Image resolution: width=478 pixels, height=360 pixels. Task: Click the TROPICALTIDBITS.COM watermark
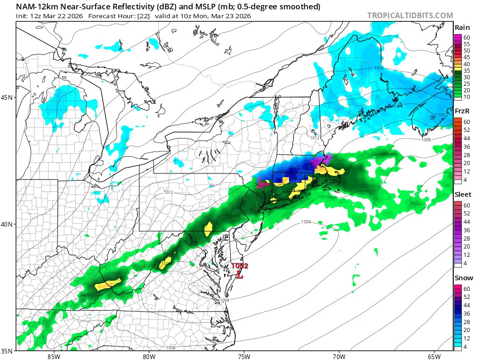(410, 15)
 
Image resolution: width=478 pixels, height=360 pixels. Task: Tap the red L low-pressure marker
(240, 274)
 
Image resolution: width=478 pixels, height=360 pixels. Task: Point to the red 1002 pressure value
(240, 266)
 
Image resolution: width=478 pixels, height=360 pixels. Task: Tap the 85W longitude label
(54, 357)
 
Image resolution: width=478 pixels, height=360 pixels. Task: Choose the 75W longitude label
(244, 357)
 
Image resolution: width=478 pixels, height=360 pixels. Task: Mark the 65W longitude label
(434, 357)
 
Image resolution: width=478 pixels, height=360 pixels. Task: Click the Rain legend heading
(462, 28)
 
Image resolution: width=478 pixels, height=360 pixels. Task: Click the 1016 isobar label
(379, 68)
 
